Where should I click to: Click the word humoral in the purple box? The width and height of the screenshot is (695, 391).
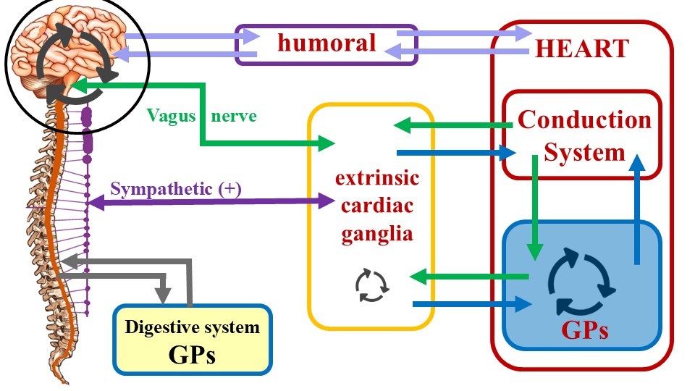point(327,43)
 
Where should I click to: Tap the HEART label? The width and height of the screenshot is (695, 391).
point(582,48)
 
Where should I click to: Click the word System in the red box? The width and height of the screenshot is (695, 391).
point(584,152)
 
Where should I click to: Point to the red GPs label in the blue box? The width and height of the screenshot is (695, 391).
point(584,330)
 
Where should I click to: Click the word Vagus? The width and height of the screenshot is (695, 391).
point(170,115)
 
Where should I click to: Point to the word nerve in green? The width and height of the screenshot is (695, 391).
point(234,115)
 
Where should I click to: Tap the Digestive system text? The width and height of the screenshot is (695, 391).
point(192,327)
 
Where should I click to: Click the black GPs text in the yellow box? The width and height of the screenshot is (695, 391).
point(192,355)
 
